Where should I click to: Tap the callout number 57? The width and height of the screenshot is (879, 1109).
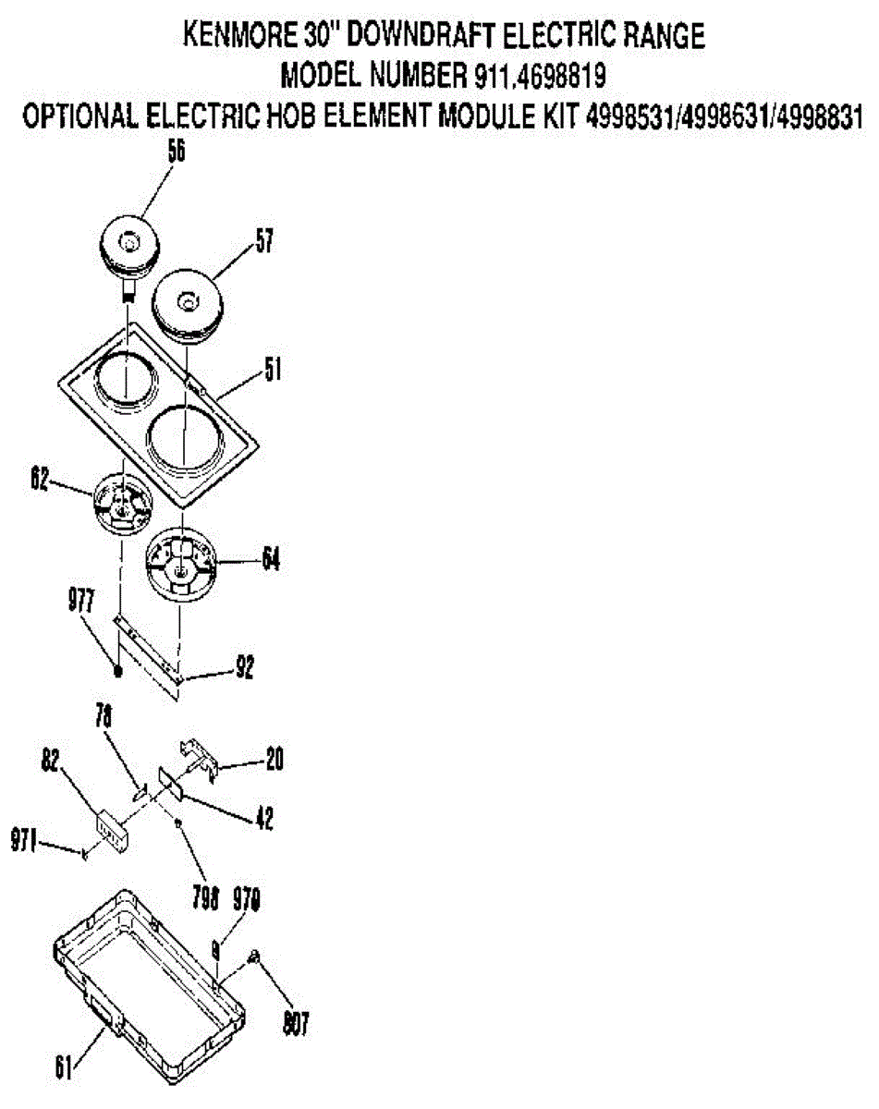click(x=265, y=243)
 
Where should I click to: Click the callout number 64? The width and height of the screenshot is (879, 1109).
click(x=270, y=559)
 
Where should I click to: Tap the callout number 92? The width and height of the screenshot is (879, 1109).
click(x=245, y=665)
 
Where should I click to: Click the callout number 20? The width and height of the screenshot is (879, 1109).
click(x=273, y=760)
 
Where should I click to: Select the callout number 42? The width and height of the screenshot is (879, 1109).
click(x=263, y=818)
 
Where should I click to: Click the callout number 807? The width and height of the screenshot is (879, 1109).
click(x=296, y=1023)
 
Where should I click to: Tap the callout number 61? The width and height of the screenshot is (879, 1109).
click(x=62, y=1069)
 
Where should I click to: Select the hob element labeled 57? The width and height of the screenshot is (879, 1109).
click(x=187, y=303)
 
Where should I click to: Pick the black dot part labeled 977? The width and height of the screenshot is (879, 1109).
click(x=118, y=670)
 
